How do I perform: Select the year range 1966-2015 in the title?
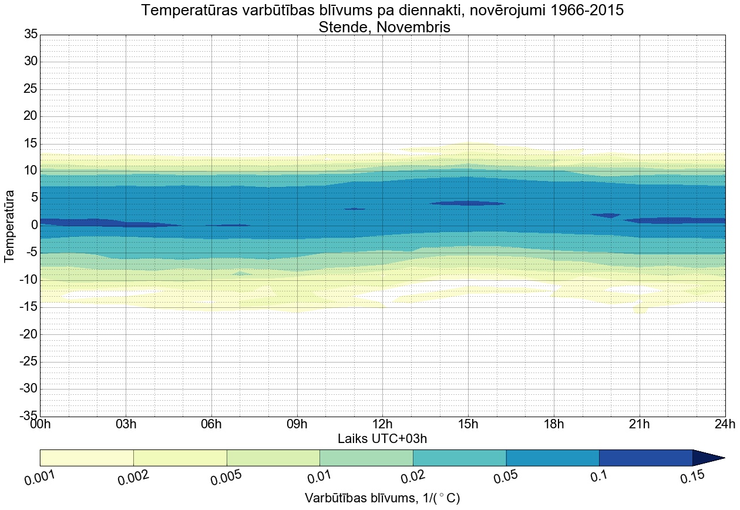(570, 10)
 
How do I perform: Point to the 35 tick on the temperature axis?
(31, 34)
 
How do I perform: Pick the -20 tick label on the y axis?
(28, 334)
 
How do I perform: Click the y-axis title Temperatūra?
(9, 226)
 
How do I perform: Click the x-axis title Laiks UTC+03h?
(382, 439)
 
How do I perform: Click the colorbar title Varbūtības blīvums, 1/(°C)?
(382, 498)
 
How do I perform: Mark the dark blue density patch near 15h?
(468, 203)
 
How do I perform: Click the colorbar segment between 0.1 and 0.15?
(645, 458)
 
